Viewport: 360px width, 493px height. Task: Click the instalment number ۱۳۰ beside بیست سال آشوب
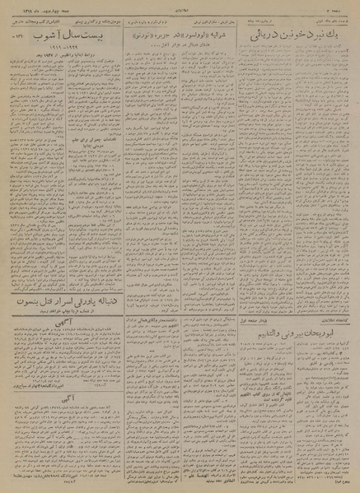coord(14,38)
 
